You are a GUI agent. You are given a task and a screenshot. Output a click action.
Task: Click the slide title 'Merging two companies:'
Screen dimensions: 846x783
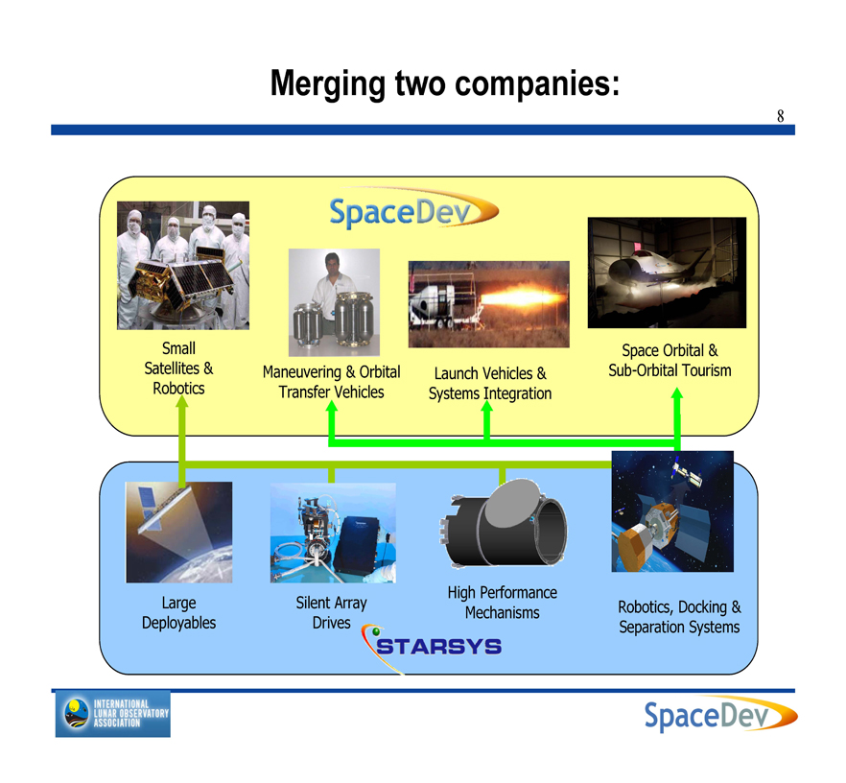point(445,83)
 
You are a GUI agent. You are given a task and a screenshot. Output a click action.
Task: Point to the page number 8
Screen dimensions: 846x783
point(780,116)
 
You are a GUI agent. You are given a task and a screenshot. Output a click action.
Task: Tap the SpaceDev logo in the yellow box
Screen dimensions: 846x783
point(413,209)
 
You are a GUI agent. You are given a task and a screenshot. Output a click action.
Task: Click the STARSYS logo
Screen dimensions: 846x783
point(433,646)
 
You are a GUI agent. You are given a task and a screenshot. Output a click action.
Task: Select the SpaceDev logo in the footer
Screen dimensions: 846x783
point(721,715)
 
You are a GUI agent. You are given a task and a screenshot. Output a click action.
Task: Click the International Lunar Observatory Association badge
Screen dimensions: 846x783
point(113,713)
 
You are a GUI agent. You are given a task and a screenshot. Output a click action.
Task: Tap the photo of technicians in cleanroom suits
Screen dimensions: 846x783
point(183,265)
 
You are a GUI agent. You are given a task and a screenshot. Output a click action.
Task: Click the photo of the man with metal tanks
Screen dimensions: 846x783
point(334,302)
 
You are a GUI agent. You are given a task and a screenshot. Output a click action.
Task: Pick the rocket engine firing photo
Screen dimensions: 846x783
point(489,304)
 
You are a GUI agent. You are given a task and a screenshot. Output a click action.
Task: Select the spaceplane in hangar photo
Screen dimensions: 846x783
point(667,273)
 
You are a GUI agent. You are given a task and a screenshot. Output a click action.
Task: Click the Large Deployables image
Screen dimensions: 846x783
point(179,532)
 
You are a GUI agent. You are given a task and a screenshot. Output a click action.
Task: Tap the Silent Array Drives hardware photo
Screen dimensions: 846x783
point(333,533)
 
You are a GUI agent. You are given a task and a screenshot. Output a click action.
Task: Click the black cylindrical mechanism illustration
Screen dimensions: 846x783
point(504,523)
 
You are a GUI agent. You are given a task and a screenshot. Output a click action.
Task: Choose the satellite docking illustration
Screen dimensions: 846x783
point(672,511)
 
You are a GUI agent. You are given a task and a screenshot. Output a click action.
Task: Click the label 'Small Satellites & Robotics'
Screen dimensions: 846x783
point(178,368)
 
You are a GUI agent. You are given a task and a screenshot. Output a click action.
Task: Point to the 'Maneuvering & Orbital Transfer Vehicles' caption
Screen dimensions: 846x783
point(331,382)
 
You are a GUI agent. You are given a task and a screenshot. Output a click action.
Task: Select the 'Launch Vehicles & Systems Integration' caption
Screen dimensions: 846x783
point(490,383)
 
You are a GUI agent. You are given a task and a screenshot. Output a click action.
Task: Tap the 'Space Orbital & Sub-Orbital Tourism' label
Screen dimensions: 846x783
point(670,361)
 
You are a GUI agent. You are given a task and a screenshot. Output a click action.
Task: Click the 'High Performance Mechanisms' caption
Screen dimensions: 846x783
point(503,603)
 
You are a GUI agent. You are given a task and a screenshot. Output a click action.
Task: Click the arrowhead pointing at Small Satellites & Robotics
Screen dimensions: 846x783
point(182,402)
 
